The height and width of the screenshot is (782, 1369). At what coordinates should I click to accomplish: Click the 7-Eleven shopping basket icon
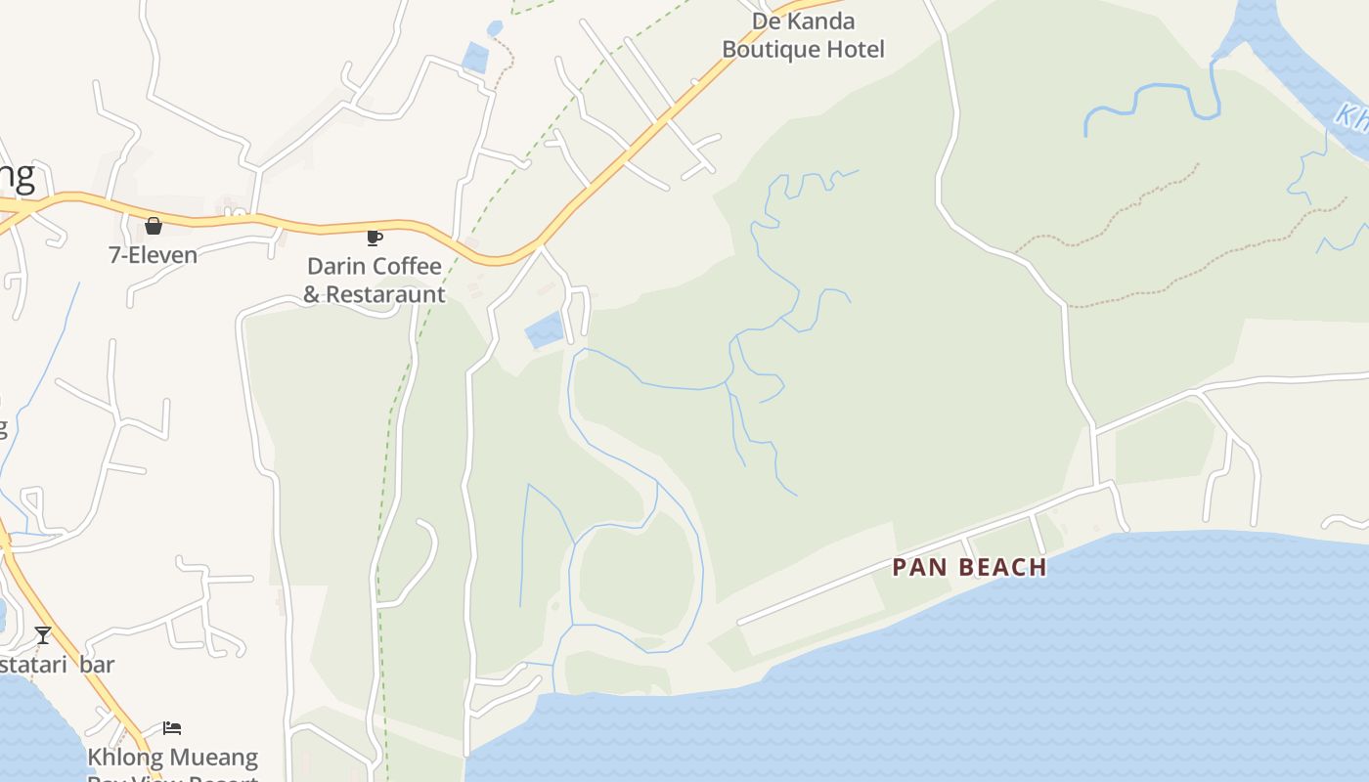pyautogui.click(x=154, y=226)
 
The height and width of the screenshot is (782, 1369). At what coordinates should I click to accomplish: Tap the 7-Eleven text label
pyautogui.click(x=153, y=255)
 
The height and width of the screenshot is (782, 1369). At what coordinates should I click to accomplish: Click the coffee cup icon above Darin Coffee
pyautogui.click(x=374, y=238)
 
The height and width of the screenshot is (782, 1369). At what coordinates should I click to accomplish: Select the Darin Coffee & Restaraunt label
pyautogui.click(x=375, y=280)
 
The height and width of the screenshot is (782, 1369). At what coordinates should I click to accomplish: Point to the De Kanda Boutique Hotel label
pyautogui.click(x=803, y=35)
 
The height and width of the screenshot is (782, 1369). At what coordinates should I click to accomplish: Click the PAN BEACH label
pyautogui.click(x=969, y=567)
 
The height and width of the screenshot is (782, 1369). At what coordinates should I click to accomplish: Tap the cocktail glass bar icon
pyautogui.click(x=43, y=635)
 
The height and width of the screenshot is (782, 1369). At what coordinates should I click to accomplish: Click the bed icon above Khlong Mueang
pyautogui.click(x=172, y=728)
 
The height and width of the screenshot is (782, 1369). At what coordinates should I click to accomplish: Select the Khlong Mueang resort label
pyautogui.click(x=173, y=759)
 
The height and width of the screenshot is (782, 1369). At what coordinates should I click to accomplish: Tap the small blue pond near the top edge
pyautogui.click(x=476, y=58)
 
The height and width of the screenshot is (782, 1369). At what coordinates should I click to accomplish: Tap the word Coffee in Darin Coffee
pyautogui.click(x=406, y=266)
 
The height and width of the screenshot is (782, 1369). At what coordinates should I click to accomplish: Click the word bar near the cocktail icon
pyautogui.click(x=97, y=665)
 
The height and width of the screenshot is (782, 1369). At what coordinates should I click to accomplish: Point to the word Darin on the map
pyautogui.click(x=334, y=266)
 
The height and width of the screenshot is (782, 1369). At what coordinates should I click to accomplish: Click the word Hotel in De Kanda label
pyautogui.click(x=858, y=49)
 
